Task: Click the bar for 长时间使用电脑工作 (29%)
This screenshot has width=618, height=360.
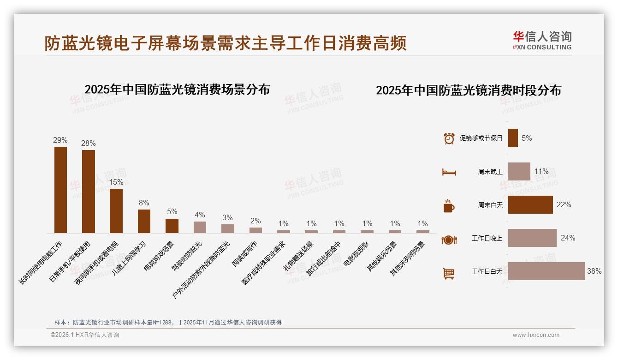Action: click(60, 190)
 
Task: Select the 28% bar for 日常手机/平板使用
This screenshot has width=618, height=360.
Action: click(89, 192)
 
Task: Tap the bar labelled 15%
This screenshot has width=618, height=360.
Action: click(116, 210)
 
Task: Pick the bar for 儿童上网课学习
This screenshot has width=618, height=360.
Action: click(144, 221)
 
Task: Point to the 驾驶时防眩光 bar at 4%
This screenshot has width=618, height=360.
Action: click(200, 227)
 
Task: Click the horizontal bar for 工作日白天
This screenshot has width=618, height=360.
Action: click(547, 271)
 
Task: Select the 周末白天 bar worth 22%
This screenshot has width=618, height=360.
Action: click(530, 205)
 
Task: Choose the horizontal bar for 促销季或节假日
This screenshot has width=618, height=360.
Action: click(513, 138)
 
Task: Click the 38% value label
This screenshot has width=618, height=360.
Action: click(594, 271)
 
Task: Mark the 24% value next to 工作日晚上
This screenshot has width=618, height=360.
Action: click(568, 238)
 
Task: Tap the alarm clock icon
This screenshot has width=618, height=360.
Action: click(449, 138)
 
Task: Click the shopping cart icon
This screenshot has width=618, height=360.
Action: click(449, 273)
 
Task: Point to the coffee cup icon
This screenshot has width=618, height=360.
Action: click(449, 206)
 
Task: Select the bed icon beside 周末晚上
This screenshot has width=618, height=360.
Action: click(449, 172)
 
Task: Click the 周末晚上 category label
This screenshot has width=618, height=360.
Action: click(490, 172)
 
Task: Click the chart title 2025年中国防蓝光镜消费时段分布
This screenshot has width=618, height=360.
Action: click(469, 90)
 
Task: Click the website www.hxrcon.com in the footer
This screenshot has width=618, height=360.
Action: click(536, 335)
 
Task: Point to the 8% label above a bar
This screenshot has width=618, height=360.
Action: click(144, 203)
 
